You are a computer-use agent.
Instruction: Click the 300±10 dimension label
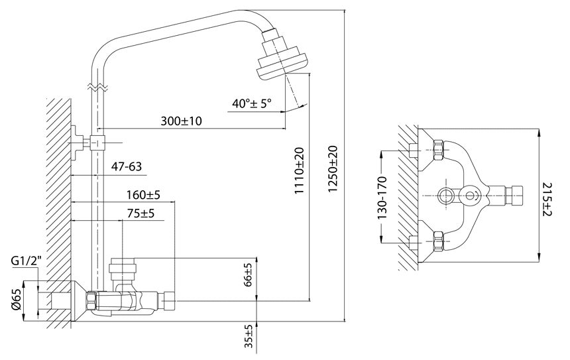[182, 121]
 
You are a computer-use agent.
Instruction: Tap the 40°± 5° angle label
[253, 103]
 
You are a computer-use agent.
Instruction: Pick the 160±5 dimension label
[143, 196]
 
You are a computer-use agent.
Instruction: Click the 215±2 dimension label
[547, 199]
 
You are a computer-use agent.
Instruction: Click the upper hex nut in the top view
[437, 150]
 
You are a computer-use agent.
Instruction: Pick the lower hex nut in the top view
[437, 241]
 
